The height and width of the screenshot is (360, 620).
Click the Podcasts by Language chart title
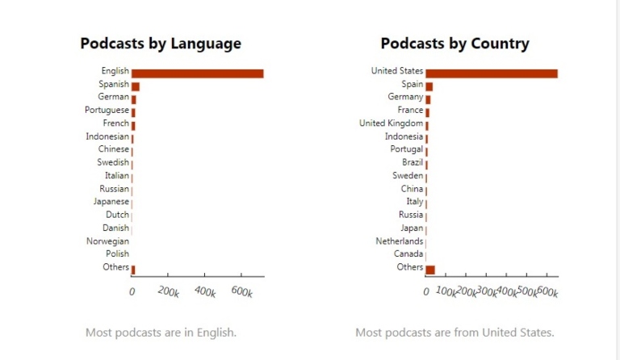[x=160, y=44]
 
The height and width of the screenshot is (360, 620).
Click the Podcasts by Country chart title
[x=455, y=44]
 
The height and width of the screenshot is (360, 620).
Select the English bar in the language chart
[x=197, y=73]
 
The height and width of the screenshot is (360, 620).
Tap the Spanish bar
[x=136, y=86]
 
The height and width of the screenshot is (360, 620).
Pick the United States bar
[x=492, y=73]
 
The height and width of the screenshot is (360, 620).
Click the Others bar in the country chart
[x=430, y=270]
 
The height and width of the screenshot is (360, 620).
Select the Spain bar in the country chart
[x=429, y=86]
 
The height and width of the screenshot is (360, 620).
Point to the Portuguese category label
[x=107, y=111]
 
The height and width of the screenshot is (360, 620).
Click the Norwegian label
[x=107, y=241]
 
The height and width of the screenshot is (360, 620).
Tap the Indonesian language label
[x=107, y=136]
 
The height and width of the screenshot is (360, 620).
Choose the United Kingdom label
[x=391, y=123]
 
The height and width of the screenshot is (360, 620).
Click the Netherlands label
[x=399, y=241]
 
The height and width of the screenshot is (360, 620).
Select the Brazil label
[x=413, y=163]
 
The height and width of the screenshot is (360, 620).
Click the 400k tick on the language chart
[x=205, y=292]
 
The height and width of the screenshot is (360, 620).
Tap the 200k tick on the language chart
[x=168, y=292]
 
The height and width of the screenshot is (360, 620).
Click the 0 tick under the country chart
[x=426, y=292]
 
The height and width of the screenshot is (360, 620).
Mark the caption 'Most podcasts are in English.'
[x=161, y=333]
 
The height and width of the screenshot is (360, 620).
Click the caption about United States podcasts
[x=455, y=333]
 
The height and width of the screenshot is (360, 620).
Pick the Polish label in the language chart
[x=116, y=254]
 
